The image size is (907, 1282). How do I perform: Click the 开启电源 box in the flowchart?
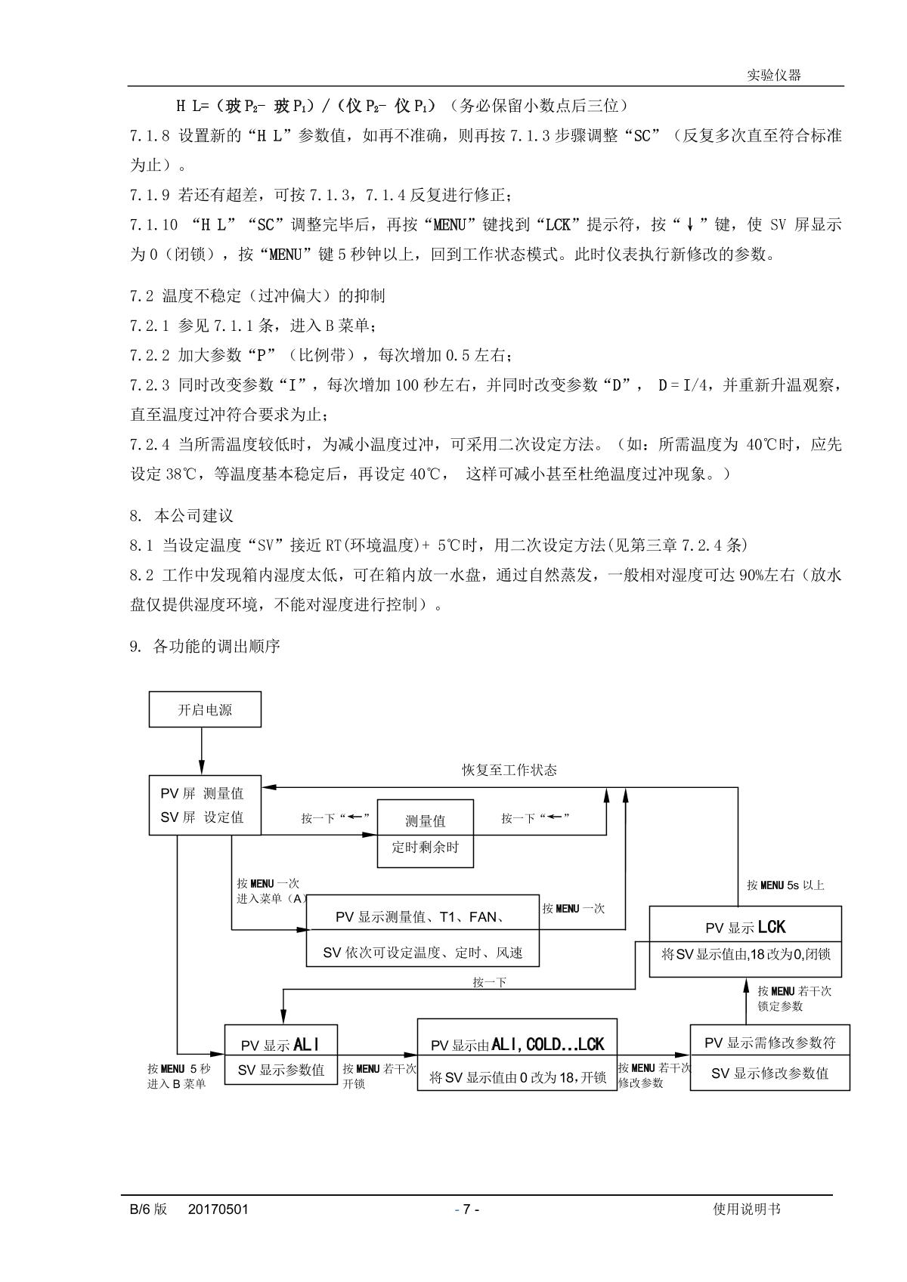click(205, 710)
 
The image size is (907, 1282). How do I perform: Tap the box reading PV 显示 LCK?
click(745, 941)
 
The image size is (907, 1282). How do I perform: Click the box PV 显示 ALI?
click(281, 1055)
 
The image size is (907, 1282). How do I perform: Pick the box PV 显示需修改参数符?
click(769, 1057)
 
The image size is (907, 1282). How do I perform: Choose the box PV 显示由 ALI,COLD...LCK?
click(517, 1055)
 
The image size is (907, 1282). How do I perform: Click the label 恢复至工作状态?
click(509, 771)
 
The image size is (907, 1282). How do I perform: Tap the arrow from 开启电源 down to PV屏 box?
click(202, 751)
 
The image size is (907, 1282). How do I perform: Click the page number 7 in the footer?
click(466, 1209)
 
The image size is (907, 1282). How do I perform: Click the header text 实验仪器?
click(773, 76)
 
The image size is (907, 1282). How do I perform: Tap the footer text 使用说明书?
click(747, 1209)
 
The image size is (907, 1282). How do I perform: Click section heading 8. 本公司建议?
click(182, 516)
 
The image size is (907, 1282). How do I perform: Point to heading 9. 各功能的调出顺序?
click(205, 647)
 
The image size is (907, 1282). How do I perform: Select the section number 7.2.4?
click(150, 444)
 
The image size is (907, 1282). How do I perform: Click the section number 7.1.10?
click(153, 224)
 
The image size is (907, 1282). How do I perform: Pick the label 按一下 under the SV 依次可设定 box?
click(489, 983)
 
